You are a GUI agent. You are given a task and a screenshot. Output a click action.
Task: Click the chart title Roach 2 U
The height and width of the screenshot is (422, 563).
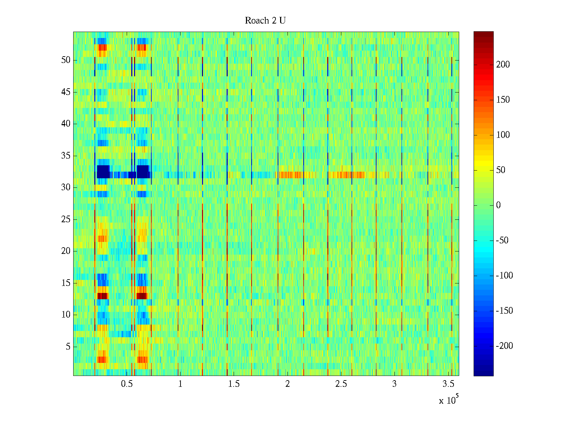point(265,21)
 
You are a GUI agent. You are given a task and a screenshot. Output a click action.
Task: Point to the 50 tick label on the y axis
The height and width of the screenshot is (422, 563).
point(66,60)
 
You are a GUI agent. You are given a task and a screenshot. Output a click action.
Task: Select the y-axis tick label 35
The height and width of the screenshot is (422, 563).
point(66,156)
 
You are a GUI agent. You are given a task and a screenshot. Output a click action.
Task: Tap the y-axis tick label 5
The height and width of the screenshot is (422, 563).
point(68,347)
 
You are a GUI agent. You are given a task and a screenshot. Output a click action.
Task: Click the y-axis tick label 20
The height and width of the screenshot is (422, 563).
point(66,251)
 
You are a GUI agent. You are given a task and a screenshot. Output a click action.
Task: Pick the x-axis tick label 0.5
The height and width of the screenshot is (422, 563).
point(127,384)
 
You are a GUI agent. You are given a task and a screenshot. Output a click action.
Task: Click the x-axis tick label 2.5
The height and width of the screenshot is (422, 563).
point(341,384)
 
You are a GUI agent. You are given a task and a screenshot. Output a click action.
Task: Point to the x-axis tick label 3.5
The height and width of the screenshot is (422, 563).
point(448,384)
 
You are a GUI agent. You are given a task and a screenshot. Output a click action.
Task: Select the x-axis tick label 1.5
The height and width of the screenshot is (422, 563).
point(234,384)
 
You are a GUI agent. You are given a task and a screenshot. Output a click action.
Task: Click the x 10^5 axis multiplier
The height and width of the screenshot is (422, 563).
point(448,400)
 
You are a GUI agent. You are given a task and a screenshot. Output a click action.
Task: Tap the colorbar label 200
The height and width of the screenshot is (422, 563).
point(503,65)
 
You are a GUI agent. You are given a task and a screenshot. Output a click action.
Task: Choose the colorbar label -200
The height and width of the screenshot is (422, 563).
point(504,346)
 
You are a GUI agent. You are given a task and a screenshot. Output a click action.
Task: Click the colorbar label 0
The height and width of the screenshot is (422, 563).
point(498,205)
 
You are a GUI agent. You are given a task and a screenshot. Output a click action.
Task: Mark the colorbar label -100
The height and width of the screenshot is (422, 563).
point(504,276)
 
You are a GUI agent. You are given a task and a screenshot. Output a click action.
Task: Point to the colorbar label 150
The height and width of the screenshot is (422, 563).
point(503,100)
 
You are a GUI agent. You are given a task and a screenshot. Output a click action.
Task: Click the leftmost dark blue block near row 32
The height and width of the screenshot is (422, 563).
point(103,172)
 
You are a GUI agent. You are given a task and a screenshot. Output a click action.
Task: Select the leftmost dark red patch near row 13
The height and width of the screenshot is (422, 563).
point(102,296)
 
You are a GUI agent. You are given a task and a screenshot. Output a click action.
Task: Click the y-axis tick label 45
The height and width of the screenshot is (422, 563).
point(66,92)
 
